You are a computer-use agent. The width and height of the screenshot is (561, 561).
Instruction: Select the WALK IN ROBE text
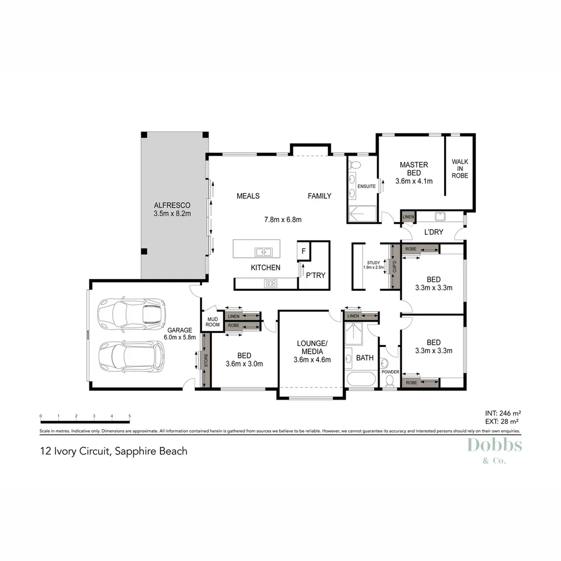(x=460, y=169)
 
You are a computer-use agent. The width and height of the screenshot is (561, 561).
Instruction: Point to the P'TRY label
(x=315, y=275)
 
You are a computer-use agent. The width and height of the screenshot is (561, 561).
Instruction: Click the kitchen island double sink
(x=263, y=252)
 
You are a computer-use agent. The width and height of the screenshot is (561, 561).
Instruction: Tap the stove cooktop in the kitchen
(x=271, y=283)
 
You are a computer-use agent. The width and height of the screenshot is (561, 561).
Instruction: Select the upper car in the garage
(x=131, y=315)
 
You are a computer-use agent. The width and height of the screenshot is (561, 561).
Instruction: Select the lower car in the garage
(x=131, y=356)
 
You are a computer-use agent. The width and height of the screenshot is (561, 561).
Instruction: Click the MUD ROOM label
(x=212, y=322)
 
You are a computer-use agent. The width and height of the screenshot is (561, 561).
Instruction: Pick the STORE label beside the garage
(x=205, y=360)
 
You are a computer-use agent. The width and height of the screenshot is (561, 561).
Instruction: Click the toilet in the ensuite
(x=356, y=166)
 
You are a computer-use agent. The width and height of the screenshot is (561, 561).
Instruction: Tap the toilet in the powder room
(x=390, y=381)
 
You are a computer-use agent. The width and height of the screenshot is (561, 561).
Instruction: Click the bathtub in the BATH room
(x=360, y=379)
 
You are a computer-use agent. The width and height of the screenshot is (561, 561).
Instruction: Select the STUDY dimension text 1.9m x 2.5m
(x=373, y=268)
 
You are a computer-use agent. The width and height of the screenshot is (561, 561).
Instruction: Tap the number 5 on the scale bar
(x=129, y=416)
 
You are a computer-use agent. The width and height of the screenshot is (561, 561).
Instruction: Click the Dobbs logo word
(x=494, y=445)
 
